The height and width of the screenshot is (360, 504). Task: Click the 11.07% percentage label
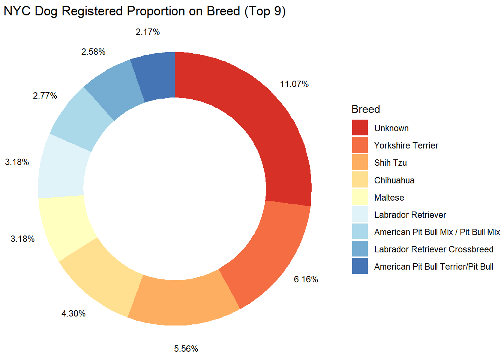point(294,84)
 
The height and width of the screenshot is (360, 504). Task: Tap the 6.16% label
point(306,279)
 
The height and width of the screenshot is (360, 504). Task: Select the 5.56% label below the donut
point(186,349)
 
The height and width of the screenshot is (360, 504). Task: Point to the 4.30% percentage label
point(73,313)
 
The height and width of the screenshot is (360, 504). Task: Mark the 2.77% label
point(45,96)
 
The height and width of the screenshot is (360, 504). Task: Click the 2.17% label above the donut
point(148,32)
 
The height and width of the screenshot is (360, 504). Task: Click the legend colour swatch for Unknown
point(360,128)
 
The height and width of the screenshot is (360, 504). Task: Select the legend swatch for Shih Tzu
point(360,162)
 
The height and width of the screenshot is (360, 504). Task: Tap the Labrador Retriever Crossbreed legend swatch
point(360,249)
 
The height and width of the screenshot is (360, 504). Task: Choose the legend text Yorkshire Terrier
point(406,145)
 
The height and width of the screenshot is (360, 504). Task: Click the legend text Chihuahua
point(394,180)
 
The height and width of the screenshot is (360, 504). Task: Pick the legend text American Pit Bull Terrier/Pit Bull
point(433,267)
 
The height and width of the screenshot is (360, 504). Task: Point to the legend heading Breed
point(366,109)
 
